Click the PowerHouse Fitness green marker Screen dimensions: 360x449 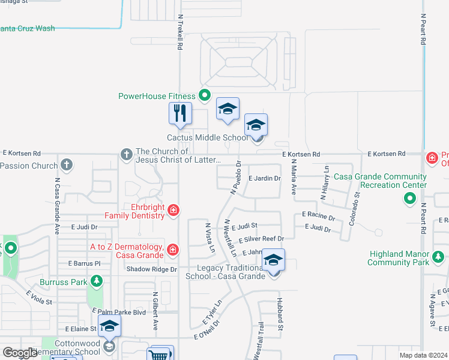coord(205,95)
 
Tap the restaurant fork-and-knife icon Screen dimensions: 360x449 coord(179,113)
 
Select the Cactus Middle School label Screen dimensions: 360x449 coord(206,137)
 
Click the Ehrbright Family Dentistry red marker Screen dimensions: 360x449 coord(173,209)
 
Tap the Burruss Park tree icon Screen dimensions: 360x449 coord(96,281)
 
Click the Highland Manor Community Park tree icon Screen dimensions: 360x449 coord(438,257)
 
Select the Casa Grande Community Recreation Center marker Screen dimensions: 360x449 coord(411,197)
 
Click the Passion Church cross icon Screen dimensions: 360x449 coord(67,164)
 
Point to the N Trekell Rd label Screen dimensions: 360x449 coord(179,33)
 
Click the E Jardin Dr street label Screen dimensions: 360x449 coord(264,178)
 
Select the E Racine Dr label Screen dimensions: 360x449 coord(318,214)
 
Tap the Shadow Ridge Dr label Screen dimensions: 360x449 coord(151,269)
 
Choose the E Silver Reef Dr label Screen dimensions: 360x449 coord(261,239)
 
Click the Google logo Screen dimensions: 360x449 coord(20,353)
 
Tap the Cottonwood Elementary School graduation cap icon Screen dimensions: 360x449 coord(110,327)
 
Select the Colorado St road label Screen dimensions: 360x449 coord(356,204)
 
